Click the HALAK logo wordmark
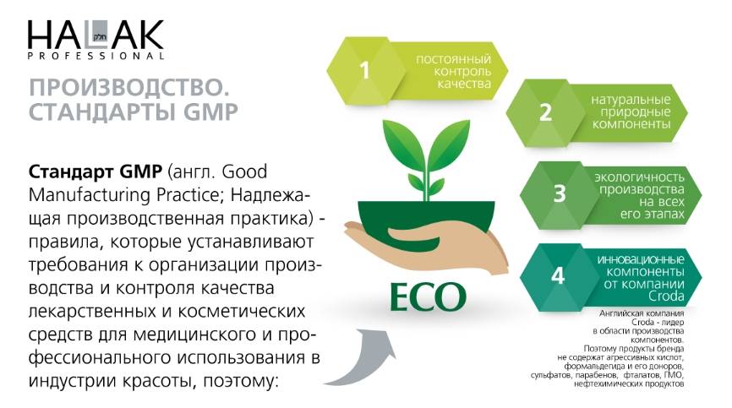point(96,35)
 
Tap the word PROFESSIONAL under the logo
point(96,56)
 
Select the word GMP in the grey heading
point(210,112)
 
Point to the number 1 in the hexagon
point(364,71)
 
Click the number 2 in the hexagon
point(545,112)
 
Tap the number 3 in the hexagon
point(560,193)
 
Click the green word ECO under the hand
point(428,296)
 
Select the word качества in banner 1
point(464,84)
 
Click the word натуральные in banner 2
point(631,100)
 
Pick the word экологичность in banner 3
point(639,177)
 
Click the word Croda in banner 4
point(666,296)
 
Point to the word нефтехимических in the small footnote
point(608,384)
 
